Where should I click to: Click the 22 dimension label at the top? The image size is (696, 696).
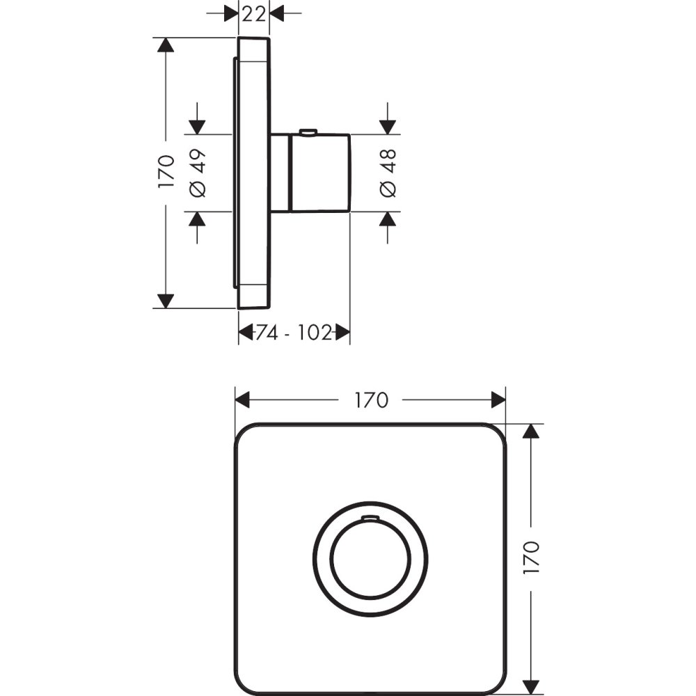(x=253, y=13)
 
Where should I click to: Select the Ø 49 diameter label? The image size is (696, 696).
(x=198, y=173)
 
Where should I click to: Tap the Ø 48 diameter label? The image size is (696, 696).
(x=388, y=173)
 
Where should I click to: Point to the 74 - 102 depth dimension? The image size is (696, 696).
(x=293, y=333)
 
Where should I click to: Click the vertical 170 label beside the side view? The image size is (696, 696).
(x=165, y=172)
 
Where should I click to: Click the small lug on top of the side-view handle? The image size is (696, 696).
(x=307, y=132)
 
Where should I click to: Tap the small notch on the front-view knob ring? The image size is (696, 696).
(x=370, y=519)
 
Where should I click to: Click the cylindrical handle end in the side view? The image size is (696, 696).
(x=320, y=173)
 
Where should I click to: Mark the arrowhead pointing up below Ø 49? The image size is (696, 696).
(x=198, y=219)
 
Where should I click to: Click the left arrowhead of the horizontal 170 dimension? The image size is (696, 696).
(x=242, y=400)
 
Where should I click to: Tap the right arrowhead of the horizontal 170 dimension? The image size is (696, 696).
(x=498, y=400)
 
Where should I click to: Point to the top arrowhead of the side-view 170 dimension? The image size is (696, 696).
(x=165, y=45)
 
